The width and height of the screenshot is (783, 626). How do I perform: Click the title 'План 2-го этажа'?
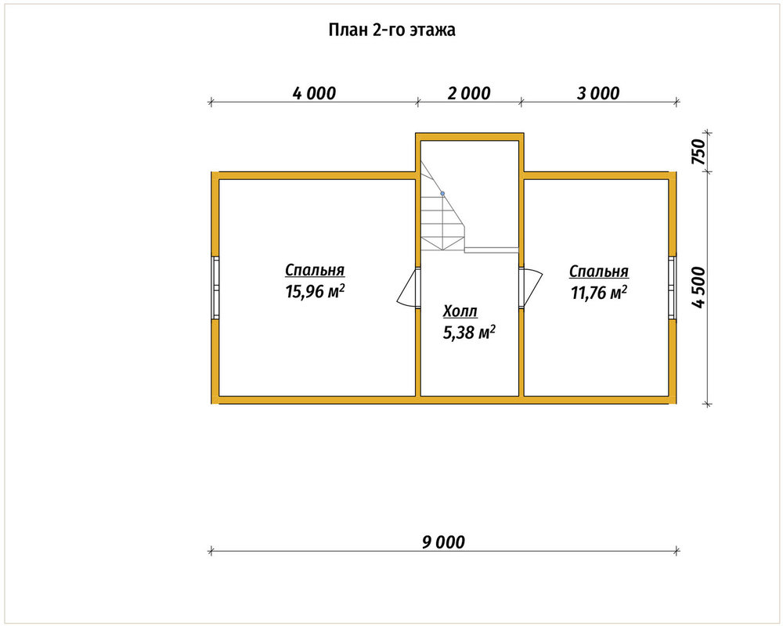click(391, 30)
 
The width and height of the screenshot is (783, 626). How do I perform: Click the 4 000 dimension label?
click(314, 93)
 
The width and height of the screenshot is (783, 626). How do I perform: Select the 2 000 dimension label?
click(469, 93)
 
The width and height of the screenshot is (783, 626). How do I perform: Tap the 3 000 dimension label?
click(597, 93)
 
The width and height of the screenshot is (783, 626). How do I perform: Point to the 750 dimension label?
click(699, 153)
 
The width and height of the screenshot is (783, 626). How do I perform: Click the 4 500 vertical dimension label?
click(699, 287)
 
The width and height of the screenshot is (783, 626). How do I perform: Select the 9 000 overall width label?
click(443, 542)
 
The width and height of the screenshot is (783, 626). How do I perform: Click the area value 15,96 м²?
click(315, 291)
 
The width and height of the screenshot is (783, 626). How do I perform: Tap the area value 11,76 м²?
click(599, 293)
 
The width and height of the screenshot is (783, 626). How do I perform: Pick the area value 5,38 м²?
click(469, 333)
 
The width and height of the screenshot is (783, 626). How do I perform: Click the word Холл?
click(460, 311)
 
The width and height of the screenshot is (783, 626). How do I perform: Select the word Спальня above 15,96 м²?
click(315, 270)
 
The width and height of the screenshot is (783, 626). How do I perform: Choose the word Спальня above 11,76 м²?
click(599, 272)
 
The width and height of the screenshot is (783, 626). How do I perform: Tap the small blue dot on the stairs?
click(442, 193)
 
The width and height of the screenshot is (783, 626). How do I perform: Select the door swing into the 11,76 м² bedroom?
click(532, 286)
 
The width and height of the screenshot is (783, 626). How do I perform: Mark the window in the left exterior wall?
click(215, 288)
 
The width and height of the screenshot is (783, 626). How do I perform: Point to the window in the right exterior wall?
click(672, 288)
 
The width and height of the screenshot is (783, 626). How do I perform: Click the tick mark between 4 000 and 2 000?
click(417, 102)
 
